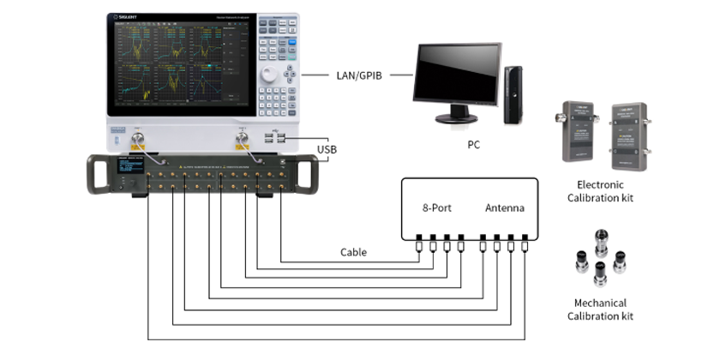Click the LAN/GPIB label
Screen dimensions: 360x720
click(x=358, y=75)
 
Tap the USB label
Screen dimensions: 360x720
click(x=327, y=149)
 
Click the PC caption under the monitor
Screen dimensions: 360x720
click(x=473, y=145)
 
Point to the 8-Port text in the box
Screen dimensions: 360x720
click(x=437, y=208)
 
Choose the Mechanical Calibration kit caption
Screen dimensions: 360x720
click(x=600, y=309)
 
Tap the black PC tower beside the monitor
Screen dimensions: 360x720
click(x=513, y=94)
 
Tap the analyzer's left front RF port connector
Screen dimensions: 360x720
click(x=136, y=138)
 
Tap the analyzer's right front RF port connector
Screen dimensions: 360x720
click(x=243, y=138)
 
